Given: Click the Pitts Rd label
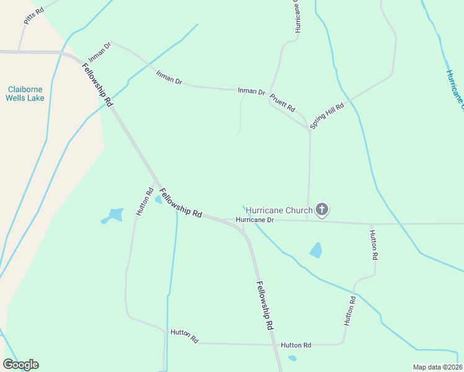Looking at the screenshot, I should pyautogui.click(x=34, y=16).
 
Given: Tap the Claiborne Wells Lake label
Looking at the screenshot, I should pyautogui.click(x=25, y=94).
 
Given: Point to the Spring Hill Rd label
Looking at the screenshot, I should pyautogui.click(x=327, y=115).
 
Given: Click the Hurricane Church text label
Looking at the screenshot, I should pyautogui.click(x=279, y=210).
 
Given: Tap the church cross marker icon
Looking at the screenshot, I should pyautogui.click(x=321, y=210).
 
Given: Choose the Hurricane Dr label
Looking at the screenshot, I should pyautogui.click(x=254, y=219).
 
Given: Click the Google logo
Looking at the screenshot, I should pyautogui.click(x=20, y=365).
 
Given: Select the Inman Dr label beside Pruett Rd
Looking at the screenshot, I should pyautogui.click(x=251, y=91).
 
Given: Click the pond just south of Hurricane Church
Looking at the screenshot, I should pyautogui.click(x=316, y=250).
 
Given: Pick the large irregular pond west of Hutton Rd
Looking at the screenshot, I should pyautogui.click(x=113, y=216).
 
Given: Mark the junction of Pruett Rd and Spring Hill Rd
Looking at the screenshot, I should pyautogui.click(x=310, y=131).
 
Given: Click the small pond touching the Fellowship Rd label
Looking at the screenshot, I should pyautogui.click(x=158, y=200).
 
